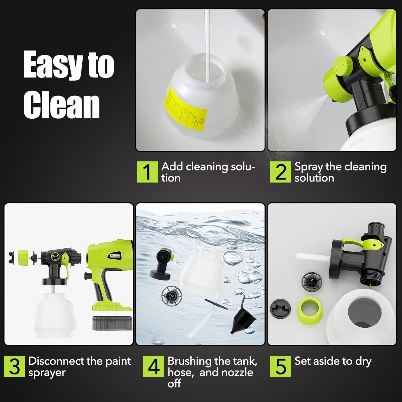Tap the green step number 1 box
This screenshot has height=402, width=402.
click(x=147, y=172)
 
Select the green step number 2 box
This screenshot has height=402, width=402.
click(x=280, y=172)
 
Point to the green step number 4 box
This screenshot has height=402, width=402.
click(x=153, y=366)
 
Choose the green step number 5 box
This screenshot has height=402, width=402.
click(x=280, y=366)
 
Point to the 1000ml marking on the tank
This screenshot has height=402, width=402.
click(x=355, y=145)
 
